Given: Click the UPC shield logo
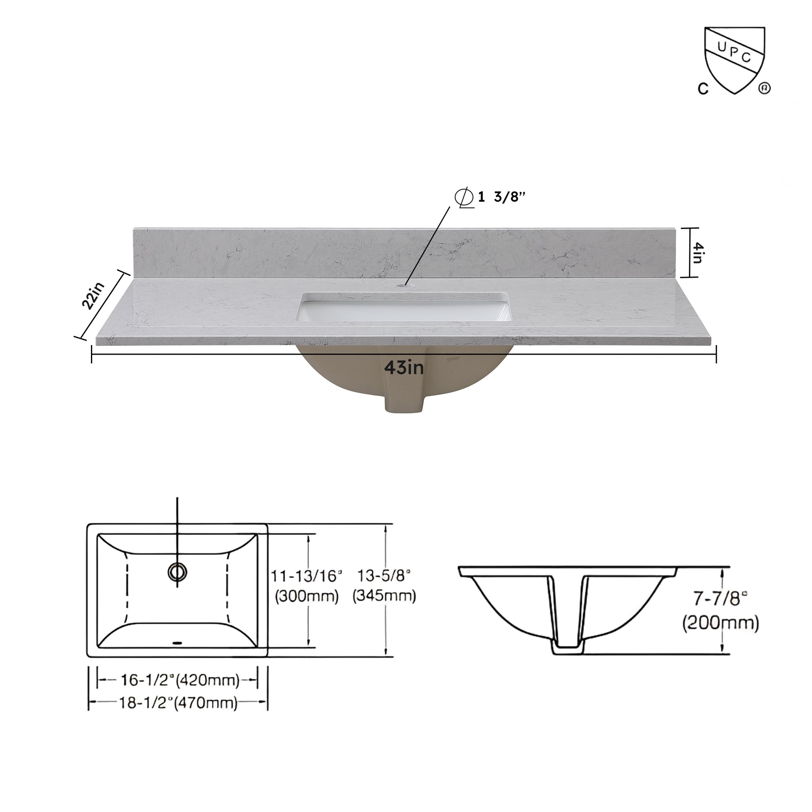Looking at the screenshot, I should tap(734, 60).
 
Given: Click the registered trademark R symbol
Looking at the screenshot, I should tap(764, 89).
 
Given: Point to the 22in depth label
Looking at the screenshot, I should tap(93, 295).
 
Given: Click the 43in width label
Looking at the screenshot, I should tap(404, 368).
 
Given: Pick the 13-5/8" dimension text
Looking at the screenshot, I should tap(383, 575).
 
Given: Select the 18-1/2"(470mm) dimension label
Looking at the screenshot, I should tap(178, 702).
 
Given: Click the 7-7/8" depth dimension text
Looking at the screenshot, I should tap(720, 598).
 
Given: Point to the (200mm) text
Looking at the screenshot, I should tap(720, 623).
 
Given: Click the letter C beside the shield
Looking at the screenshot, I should tap(703, 89).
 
